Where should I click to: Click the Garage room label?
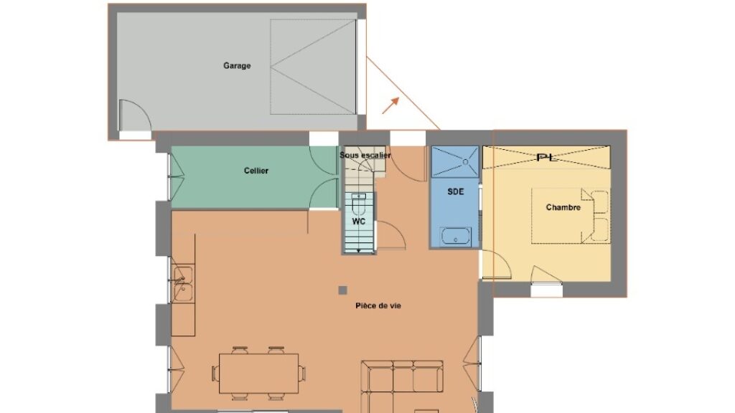237,66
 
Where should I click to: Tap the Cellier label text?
256,171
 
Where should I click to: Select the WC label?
359,221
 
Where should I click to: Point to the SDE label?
456,191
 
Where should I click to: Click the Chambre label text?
563,207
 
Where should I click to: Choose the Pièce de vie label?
378,305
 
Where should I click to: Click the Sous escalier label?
365,155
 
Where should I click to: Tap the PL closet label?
546,157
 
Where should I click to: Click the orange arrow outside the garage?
390,105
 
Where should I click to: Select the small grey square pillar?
342,290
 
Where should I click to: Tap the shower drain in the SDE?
465,161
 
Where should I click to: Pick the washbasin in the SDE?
456,237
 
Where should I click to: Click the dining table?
258,373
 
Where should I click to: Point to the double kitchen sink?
183,284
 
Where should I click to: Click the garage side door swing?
134,115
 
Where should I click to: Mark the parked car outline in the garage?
313,67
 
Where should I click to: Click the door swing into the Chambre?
497,265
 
